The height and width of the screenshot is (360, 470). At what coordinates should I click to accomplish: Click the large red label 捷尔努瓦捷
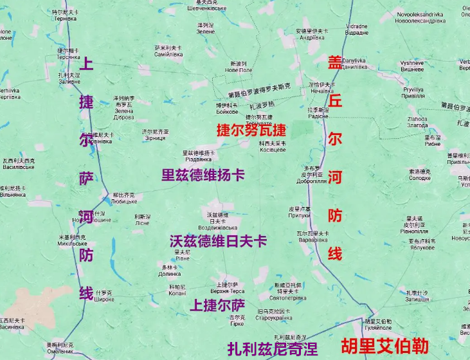tap(251, 130)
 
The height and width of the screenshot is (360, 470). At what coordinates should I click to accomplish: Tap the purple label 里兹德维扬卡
tap(203, 175)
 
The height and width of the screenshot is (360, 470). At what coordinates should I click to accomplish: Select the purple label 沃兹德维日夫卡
tap(218, 241)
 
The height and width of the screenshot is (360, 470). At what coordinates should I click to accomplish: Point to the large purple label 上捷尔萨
tap(217, 305)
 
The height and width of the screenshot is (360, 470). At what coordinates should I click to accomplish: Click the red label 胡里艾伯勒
tap(384, 345)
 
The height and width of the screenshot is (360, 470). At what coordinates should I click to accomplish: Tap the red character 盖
tap(334, 63)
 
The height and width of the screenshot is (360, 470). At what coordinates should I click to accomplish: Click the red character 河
tap(334, 177)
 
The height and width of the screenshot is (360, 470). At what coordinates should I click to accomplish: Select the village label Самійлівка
tap(168, 55)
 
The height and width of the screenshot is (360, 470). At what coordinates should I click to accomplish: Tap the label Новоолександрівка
tap(419, 21)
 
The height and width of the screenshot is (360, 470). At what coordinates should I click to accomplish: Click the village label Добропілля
tap(311, 181)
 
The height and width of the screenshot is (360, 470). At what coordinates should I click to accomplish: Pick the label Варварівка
tap(312, 240)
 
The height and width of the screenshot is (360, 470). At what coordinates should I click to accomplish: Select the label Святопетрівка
tap(287, 298)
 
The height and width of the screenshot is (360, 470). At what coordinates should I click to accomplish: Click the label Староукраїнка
tap(275, 318)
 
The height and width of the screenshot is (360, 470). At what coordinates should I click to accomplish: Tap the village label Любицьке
tap(123, 201)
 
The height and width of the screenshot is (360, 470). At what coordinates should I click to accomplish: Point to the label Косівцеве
tap(272, 149)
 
